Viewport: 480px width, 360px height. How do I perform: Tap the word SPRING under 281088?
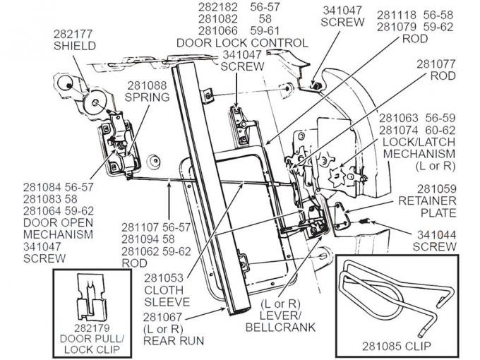coord(148,97)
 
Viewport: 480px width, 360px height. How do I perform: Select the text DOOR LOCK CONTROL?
coord(243,43)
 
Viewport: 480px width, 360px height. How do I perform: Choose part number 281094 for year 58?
coord(143,239)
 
